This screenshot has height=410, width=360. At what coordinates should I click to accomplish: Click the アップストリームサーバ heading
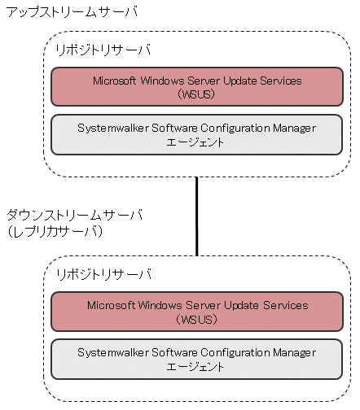point(72,12)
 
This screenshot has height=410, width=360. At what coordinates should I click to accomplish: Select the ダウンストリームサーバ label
point(75,215)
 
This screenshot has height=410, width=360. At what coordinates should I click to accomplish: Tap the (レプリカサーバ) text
point(55,232)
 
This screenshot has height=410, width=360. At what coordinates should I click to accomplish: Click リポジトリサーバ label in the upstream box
point(103,50)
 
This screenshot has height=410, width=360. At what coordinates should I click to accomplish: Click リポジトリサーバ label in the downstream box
point(103,274)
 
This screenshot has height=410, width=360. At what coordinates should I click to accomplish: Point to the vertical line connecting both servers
point(196,216)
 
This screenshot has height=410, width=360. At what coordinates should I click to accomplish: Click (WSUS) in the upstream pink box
point(196,94)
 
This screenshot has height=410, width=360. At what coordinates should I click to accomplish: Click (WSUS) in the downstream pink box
point(196,319)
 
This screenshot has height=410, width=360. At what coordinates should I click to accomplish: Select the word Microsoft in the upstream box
point(114,81)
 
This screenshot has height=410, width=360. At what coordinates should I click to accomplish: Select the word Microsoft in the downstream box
point(112,305)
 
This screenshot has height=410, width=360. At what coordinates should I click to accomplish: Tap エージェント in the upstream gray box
point(195,142)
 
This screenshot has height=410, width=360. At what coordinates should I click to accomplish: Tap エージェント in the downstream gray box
point(195,367)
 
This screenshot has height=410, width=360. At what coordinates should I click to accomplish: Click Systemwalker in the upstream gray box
point(113,129)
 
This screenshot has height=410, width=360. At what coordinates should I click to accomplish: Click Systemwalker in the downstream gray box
point(113,353)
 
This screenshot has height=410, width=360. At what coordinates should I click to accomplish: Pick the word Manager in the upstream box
point(294,129)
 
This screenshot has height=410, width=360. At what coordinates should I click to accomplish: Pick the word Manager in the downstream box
point(294,353)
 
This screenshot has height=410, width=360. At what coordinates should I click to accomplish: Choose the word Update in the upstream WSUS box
point(240,81)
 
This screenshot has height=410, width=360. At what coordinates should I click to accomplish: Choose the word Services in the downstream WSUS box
point(286,305)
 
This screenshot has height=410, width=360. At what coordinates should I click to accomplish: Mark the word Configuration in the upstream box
point(235,129)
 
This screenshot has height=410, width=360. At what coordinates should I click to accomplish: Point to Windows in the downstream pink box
point(160,305)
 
